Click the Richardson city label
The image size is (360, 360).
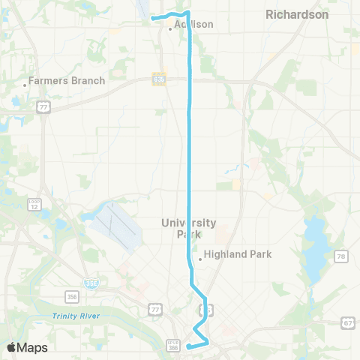point(297,14)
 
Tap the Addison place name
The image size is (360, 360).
point(193,24)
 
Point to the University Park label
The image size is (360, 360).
point(189,228)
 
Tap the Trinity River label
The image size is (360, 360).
point(76,316)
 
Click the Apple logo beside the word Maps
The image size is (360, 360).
point(11,347)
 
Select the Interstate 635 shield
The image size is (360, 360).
point(158,78)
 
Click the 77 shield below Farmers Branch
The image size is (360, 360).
point(45,107)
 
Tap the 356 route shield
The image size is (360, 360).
point(72,295)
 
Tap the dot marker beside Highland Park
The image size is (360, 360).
point(199,260)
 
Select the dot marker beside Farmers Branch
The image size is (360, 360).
point(25,85)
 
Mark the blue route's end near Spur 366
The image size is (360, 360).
point(187,346)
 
